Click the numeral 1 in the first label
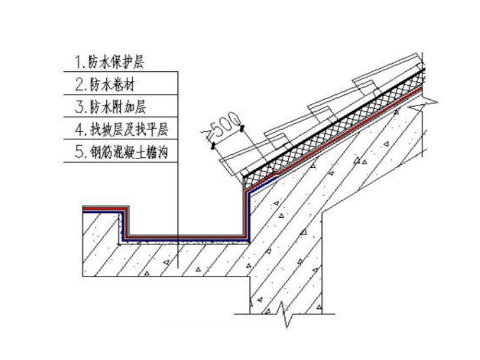(x=78, y=63)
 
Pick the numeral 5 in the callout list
(x=78, y=152)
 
